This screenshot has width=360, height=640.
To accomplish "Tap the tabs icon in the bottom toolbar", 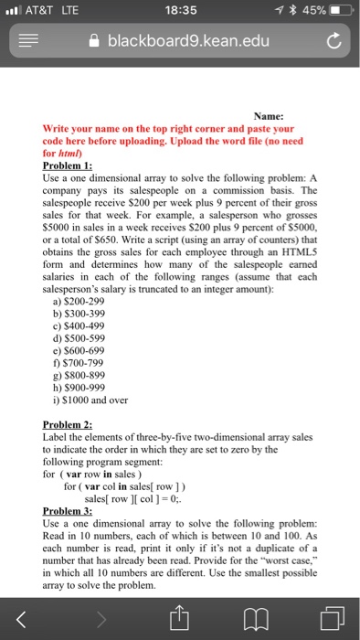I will click(331, 609).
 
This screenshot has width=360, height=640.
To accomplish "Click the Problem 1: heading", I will click(69, 165).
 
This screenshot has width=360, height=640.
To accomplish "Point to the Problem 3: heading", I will click(69, 510).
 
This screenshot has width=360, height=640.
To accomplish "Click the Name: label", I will click(268, 117).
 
